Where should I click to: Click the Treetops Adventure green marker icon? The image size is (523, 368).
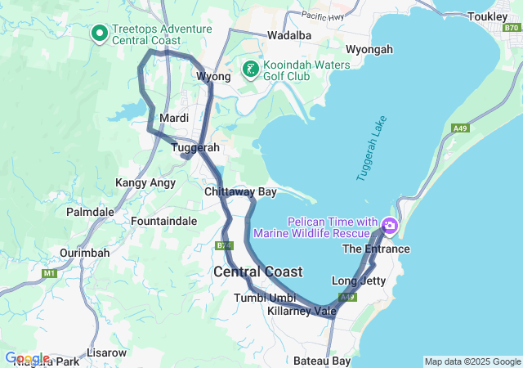click(x=100, y=34)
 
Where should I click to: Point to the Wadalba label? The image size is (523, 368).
click(x=289, y=35)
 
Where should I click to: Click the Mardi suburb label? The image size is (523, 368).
click(x=175, y=119)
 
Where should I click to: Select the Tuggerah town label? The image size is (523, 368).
click(x=195, y=148)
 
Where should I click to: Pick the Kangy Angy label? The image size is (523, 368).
click(x=145, y=182)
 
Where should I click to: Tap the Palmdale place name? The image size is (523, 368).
click(x=90, y=212)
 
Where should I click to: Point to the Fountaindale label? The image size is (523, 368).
click(x=163, y=221)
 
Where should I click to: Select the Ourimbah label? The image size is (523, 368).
click(x=84, y=253)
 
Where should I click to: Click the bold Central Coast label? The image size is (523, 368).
click(x=257, y=272)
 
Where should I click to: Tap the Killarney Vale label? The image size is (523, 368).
click(x=302, y=311)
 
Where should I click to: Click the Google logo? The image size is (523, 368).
click(x=26, y=358)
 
